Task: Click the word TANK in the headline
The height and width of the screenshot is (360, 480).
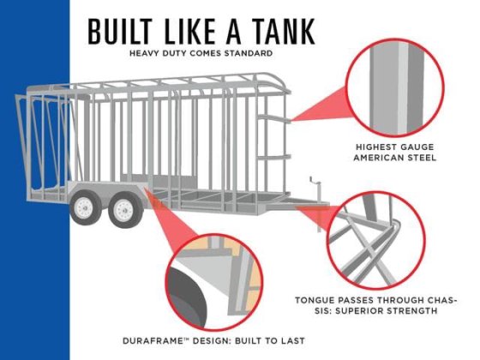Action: coord(285,31)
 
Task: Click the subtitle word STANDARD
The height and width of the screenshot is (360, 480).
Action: coord(249,53)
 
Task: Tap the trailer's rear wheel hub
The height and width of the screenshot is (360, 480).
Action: coord(84,207)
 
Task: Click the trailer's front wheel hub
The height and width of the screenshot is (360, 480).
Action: coord(123,211)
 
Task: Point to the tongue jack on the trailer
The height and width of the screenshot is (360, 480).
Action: coord(317,189)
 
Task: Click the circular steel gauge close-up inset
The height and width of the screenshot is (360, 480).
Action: coord(395,88)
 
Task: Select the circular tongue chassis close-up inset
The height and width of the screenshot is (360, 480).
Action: coord(376,240)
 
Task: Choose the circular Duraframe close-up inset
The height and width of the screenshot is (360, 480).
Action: coord(214,282)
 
